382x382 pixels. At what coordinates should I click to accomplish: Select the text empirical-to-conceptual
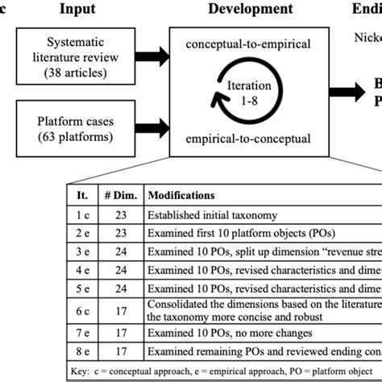pyautogui.click(x=246, y=139)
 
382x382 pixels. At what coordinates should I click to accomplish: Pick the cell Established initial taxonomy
pyautogui.click(x=212, y=215)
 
